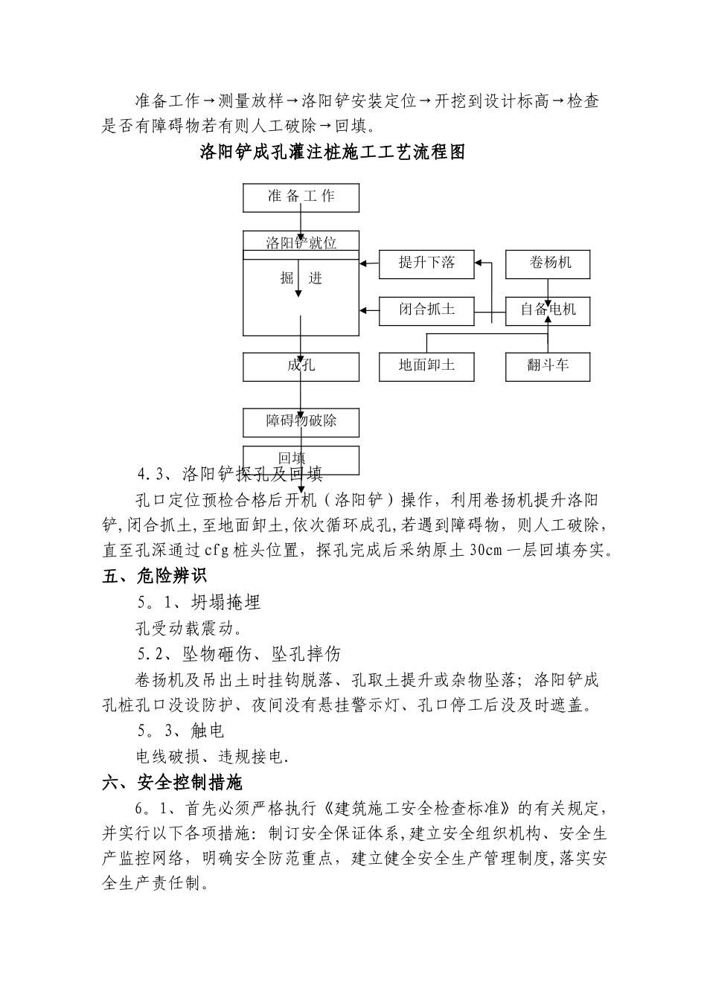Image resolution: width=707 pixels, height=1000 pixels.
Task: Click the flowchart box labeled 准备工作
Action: (301, 197)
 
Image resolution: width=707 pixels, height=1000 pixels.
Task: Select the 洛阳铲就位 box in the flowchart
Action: (301, 242)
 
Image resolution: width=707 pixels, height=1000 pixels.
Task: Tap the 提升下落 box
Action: (426, 263)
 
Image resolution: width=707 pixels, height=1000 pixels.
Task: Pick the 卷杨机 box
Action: (548, 263)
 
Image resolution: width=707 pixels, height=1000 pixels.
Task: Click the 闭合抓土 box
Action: (426, 309)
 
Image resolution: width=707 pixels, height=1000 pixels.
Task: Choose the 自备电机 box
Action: (548, 310)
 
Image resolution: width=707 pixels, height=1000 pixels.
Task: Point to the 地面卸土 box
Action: (426, 365)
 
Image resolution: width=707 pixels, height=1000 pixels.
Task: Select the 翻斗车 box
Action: (548, 365)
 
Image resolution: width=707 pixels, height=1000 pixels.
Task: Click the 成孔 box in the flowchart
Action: (301, 366)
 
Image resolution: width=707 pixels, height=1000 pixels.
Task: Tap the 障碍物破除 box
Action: (301, 422)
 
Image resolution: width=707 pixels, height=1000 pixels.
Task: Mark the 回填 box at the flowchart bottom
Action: (301, 458)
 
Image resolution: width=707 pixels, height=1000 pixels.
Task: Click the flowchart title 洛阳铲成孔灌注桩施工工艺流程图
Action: (333, 153)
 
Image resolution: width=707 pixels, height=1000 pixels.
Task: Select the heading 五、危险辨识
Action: (155, 576)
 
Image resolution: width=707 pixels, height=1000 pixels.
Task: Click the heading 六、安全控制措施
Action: (172, 783)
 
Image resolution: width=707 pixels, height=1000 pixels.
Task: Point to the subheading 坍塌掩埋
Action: (226, 603)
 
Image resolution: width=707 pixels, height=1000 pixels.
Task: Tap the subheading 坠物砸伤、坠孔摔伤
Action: (261, 655)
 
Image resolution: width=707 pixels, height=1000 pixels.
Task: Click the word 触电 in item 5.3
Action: (208, 731)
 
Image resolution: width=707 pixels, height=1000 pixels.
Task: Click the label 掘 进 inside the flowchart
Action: (301, 278)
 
